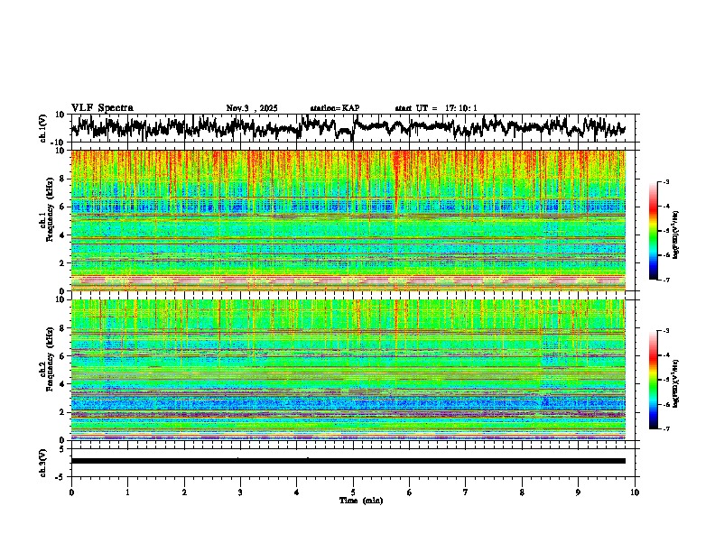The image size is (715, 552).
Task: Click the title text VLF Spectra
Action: pyautogui.click(x=102, y=108)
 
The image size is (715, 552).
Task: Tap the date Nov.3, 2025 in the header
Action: pyautogui.click(x=252, y=108)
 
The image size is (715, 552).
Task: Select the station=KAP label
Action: pyautogui.click(x=335, y=108)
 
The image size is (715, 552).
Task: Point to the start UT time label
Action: pyautogui.click(x=436, y=108)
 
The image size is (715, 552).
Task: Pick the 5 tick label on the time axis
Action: pyautogui.click(x=353, y=492)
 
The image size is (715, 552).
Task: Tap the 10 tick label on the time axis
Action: pyautogui.click(x=635, y=492)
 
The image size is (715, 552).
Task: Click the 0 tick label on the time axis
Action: pyautogui.click(x=71, y=492)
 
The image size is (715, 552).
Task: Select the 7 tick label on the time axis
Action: pyautogui.click(x=466, y=492)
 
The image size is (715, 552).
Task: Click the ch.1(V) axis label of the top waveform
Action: pyautogui.click(x=43, y=127)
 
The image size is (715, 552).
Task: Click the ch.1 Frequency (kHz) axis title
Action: pyautogui.click(x=45, y=220)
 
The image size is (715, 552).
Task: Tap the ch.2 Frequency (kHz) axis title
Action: pyautogui.click(x=45, y=369)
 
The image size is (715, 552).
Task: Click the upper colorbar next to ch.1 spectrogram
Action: pyautogui.click(x=661, y=231)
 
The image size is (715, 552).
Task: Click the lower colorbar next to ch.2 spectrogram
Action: pyautogui.click(x=661, y=380)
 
